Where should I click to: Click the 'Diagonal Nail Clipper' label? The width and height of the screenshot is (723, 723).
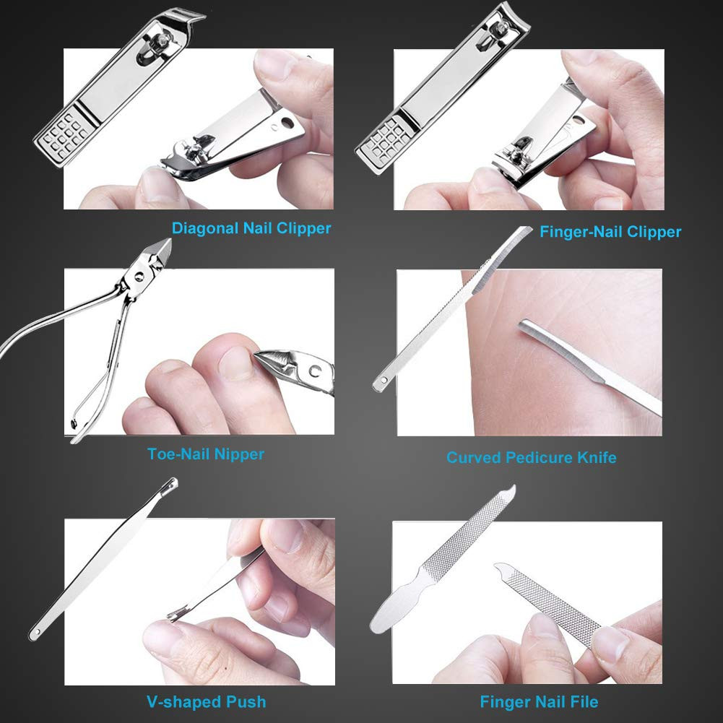251,229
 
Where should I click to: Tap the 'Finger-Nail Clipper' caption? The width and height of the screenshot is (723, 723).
610,232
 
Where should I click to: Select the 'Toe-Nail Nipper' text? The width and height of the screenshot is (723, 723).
206,454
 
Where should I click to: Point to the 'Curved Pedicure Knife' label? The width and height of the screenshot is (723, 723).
532,457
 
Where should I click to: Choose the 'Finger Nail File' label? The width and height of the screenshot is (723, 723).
539,701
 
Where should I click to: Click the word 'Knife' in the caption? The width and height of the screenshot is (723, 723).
596,457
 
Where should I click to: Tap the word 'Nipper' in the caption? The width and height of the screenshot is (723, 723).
240,454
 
